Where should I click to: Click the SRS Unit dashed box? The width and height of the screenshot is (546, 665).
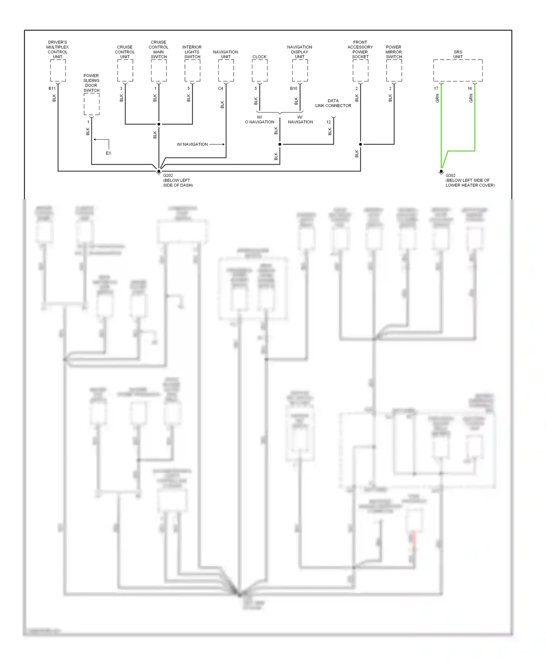(458, 71)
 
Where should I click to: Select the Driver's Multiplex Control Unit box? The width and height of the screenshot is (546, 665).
(58, 71)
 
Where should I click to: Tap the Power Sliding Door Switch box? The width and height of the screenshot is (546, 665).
(91, 104)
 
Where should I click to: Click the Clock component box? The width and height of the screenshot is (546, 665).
(260, 71)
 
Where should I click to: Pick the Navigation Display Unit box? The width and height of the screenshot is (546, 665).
(300, 71)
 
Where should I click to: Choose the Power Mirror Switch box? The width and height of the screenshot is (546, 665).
(394, 71)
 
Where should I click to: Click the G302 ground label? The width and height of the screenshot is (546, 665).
(450, 175)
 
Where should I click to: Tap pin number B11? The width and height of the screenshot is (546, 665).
(52, 88)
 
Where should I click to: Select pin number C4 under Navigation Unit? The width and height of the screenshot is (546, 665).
(221, 88)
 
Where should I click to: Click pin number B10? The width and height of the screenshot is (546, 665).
(293, 88)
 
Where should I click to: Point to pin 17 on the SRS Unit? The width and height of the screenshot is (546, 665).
(436, 88)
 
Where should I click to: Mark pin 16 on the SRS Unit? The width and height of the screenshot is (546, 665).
(470, 88)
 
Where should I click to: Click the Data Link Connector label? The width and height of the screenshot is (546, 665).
(333, 103)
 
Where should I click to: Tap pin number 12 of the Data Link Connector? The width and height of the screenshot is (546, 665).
(328, 122)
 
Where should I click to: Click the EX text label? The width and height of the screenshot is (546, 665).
(108, 153)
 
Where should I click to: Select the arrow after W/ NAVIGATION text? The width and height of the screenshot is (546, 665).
(217, 144)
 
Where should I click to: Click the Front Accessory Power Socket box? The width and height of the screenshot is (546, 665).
(360, 71)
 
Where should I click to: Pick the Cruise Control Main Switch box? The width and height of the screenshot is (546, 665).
(159, 71)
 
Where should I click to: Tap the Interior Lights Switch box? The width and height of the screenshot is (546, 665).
(192, 71)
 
